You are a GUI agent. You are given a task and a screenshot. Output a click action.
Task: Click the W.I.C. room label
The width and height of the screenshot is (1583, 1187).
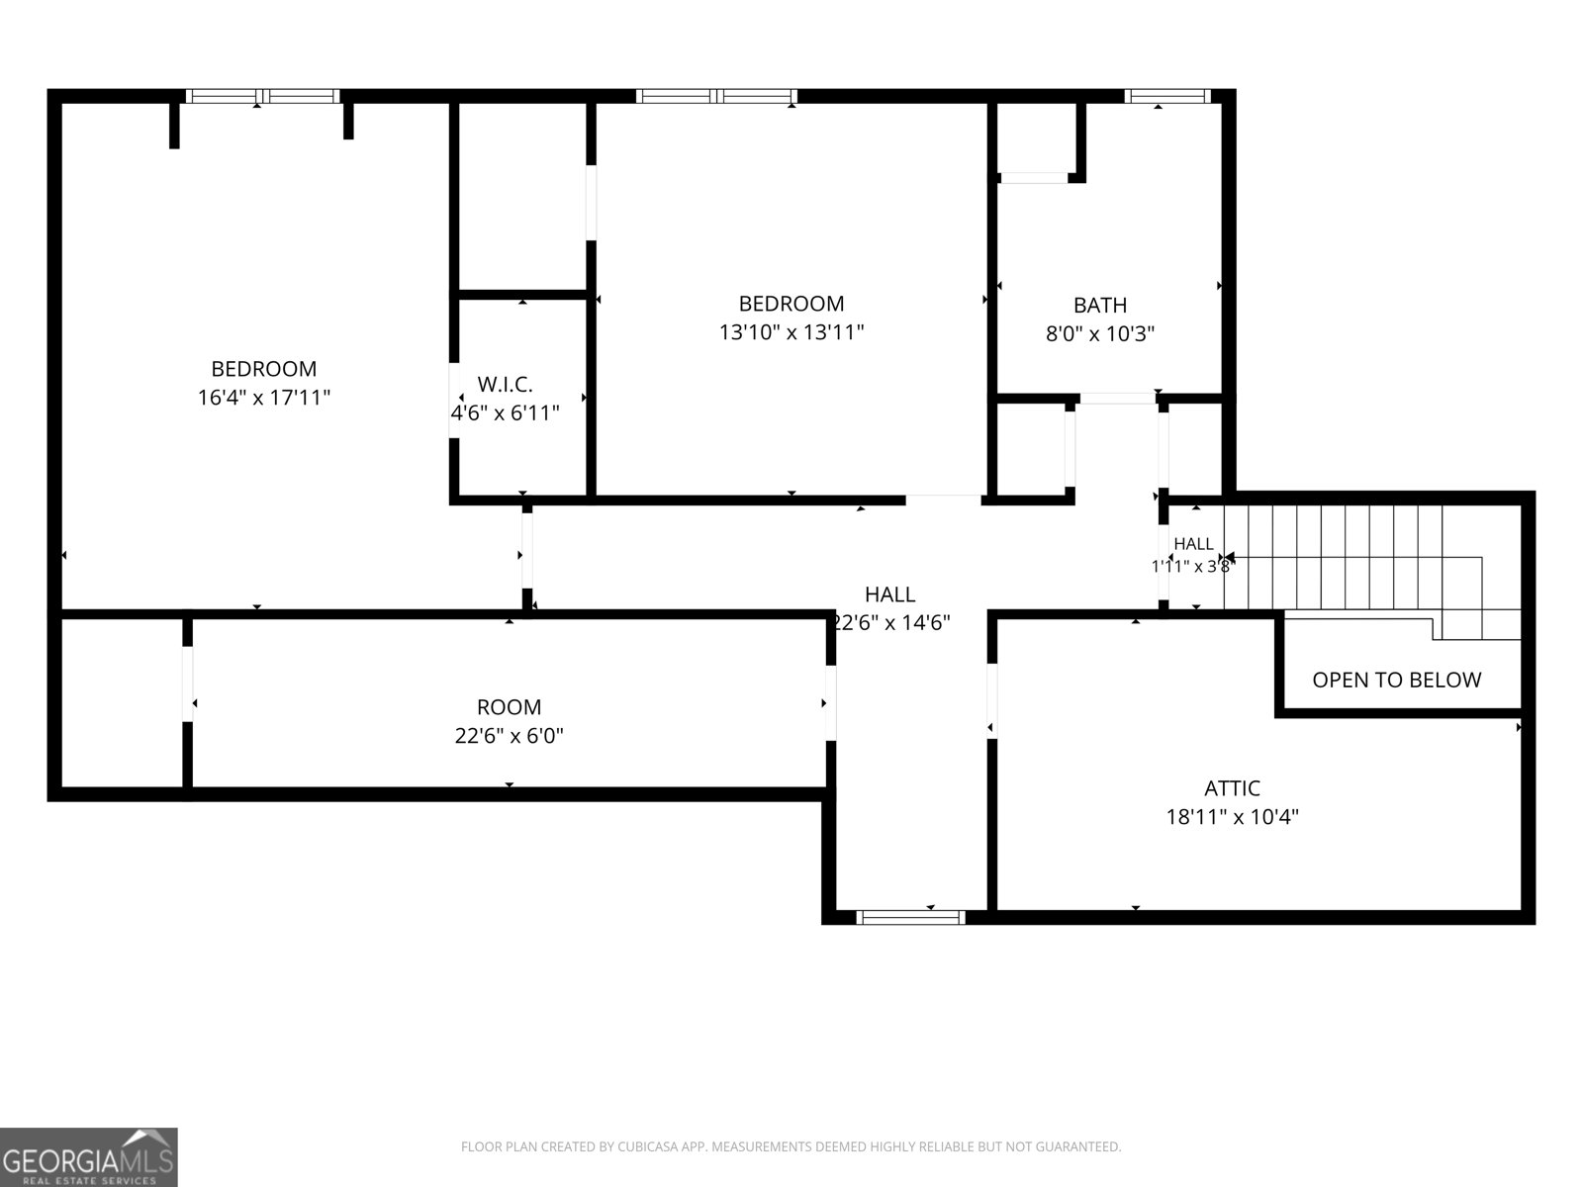[x=505, y=384]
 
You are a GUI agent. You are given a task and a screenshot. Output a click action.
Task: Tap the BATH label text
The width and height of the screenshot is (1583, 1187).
[x=1100, y=305]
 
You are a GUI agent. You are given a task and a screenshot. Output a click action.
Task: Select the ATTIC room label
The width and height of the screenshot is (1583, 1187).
[x=1232, y=787]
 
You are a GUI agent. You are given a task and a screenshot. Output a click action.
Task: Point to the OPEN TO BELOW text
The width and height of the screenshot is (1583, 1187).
[x=1396, y=680]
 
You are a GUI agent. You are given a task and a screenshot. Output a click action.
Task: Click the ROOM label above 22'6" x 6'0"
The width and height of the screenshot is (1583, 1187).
[x=509, y=707]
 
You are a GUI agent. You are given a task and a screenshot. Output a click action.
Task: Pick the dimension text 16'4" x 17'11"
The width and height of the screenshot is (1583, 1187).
[x=264, y=397]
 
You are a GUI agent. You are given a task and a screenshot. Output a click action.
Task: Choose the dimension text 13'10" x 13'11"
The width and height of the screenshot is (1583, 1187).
[x=791, y=331]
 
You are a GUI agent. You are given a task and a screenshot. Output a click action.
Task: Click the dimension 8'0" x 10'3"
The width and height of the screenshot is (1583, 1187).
[x=1100, y=333]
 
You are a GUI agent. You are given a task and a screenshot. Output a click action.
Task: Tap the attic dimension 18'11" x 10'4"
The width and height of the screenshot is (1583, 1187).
[x=1232, y=817]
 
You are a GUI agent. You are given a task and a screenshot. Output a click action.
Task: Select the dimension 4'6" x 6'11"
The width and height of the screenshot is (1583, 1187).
[x=505, y=412]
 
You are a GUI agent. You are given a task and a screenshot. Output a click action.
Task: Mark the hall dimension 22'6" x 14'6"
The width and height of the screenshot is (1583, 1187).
[x=891, y=622]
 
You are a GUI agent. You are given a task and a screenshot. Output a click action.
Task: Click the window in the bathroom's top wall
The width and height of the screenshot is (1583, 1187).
[x=1166, y=96]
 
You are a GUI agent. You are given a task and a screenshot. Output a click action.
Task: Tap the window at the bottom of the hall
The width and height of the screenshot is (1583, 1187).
[x=910, y=918]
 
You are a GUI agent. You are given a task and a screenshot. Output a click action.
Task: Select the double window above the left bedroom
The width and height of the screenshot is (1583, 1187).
[x=262, y=96]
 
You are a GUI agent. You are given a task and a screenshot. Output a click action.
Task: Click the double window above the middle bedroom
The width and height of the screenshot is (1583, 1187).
[x=716, y=96]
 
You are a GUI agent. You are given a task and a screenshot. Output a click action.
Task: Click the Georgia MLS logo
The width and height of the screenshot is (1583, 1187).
[x=89, y=1156]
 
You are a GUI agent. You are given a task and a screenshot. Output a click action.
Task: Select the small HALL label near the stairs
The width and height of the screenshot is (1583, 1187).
[x=1193, y=544]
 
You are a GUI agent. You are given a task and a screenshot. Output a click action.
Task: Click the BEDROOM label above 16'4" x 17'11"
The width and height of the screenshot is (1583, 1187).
[x=264, y=369]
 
